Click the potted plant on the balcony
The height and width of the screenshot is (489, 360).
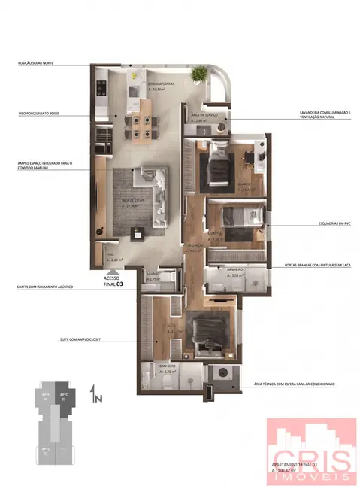pos(200,73)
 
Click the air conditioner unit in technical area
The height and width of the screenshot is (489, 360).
pos(223,374)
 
